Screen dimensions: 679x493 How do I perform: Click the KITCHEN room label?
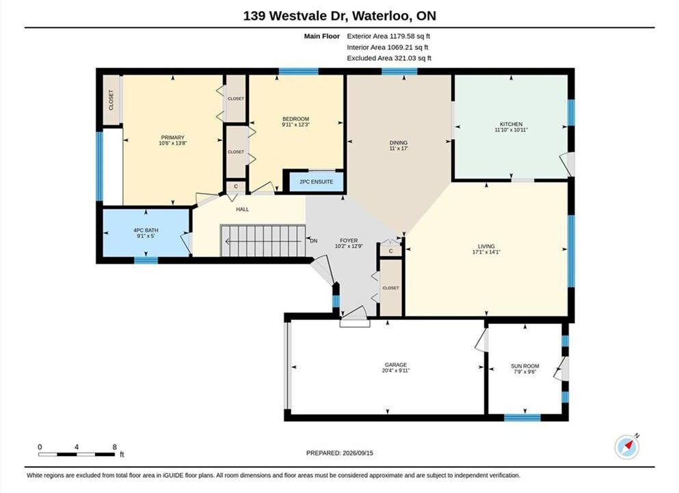pyautogui.click(x=511, y=124)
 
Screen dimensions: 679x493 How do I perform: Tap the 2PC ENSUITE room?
pyautogui.click(x=316, y=181)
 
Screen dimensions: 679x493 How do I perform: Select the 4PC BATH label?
pyautogui.click(x=146, y=230)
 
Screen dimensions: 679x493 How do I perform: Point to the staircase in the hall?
pyautogui.click(x=263, y=240)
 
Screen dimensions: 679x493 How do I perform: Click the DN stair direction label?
pyautogui.click(x=314, y=240)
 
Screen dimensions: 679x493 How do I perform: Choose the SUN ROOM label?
pyautogui.click(x=525, y=366)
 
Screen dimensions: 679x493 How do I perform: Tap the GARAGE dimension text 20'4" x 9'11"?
pyautogui.click(x=396, y=370)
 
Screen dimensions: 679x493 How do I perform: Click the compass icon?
pyautogui.click(x=626, y=447)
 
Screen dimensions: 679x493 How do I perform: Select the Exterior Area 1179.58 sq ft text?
pyautogui.click(x=388, y=36)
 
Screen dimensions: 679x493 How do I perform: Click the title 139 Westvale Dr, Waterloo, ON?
pyautogui.click(x=339, y=16)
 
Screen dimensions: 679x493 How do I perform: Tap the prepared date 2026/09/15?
pyautogui.click(x=357, y=453)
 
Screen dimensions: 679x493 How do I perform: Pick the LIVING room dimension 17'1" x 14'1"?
pyautogui.click(x=486, y=252)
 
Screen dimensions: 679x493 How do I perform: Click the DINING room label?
pyautogui.click(x=399, y=142)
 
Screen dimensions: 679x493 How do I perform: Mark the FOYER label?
pyautogui.click(x=349, y=240)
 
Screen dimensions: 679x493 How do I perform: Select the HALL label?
pyautogui.click(x=243, y=210)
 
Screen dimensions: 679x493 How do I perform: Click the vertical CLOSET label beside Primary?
pyautogui.click(x=111, y=100)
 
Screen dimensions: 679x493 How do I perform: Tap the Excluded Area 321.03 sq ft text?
pyautogui.click(x=389, y=58)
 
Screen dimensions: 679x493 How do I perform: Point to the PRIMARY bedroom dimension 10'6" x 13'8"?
pyautogui.click(x=173, y=143)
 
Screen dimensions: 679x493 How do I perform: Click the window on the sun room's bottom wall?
pyautogui.click(x=522, y=418)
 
